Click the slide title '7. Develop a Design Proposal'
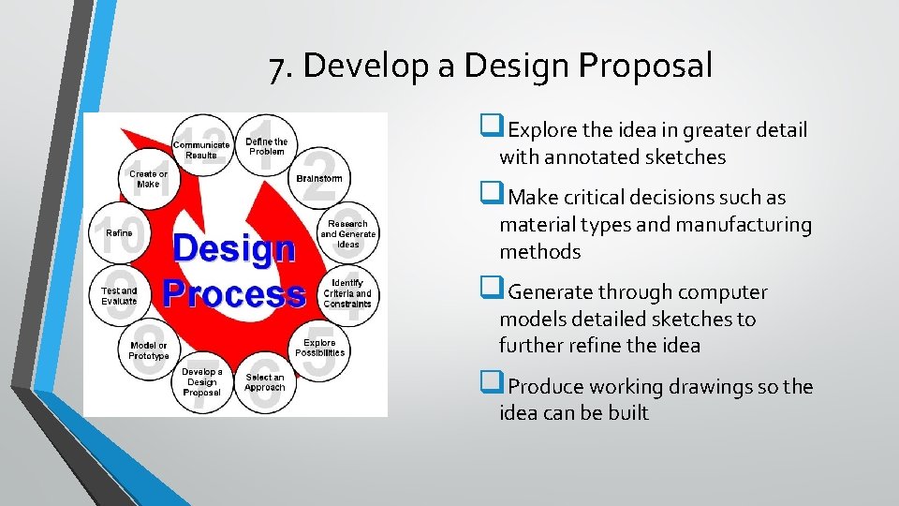click(x=490, y=66)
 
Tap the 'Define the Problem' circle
click(x=266, y=146)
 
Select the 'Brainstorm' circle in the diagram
click(x=319, y=178)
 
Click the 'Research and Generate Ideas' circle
click(x=347, y=234)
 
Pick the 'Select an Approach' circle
click(x=265, y=382)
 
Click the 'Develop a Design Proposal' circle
click(x=201, y=381)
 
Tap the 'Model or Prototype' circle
click(x=149, y=350)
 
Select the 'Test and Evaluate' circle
click(x=119, y=295)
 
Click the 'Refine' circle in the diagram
click(x=119, y=233)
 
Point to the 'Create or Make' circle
click(x=148, y=178)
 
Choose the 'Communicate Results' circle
click(x=200, y=149)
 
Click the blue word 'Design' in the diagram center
click(x=234, y=249)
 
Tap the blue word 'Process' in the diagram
click(x=234, y=293)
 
